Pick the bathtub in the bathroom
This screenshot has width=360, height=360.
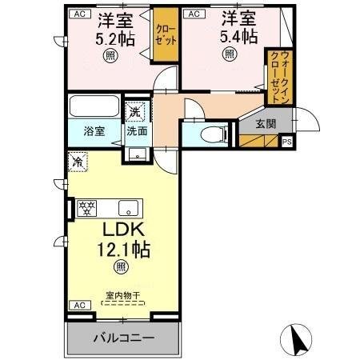(x=93, y=106)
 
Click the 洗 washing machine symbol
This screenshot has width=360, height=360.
(x=136, y=111)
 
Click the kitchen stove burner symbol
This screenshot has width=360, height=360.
(x=86, y=208)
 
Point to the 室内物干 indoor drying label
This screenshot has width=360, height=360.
(x=122, y=295)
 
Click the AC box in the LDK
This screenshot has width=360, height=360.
(x=79, y=305)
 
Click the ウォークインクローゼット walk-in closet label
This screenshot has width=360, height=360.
(x=279, y=76)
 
